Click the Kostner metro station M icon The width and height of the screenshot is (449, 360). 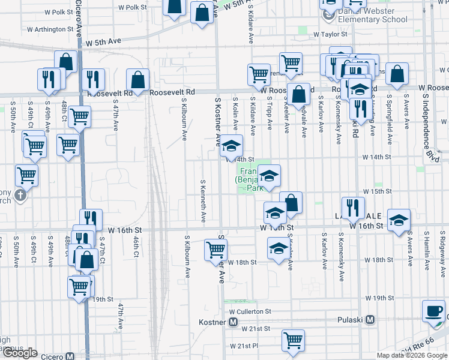coord(234,322)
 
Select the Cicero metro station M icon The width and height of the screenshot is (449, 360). coord(70,356)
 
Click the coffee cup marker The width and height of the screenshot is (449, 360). coord(433,310)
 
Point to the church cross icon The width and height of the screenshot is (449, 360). coord(21,196)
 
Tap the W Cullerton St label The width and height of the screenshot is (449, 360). coord(250,312)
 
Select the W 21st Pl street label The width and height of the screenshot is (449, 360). coord(243,346)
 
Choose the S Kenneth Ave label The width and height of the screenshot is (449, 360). coord(203,199)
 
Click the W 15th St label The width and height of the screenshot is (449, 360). coord(377,191)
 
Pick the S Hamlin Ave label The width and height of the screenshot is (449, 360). coord(426,248)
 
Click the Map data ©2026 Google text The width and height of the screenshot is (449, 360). coord(411,355)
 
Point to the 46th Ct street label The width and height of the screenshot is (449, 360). coord(136,245)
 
